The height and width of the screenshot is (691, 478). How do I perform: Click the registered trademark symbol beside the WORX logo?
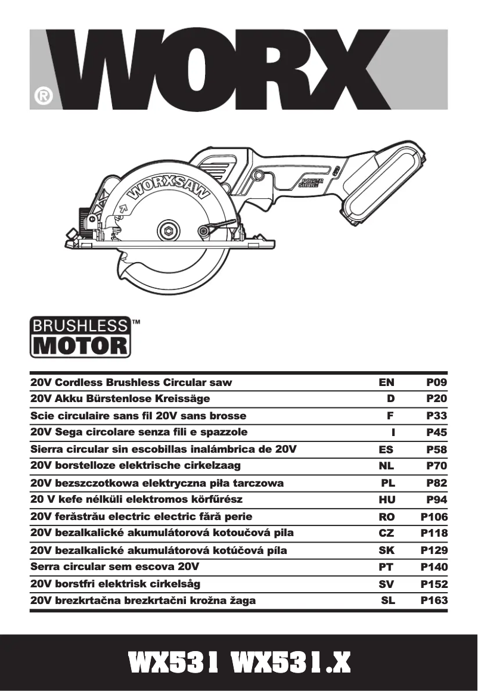tap(43, 96)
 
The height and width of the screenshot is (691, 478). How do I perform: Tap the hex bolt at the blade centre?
tap(169, 230)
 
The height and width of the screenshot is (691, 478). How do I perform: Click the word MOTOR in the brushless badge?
tap(79, 345)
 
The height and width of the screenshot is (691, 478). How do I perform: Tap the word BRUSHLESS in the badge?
tap(79, 326)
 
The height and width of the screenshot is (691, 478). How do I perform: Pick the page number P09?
tap(436, 382)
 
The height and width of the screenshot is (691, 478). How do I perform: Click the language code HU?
tap(387, 500)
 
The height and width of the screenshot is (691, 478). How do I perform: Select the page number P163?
tap(434, 600)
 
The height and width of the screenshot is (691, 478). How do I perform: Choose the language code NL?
tap(387, 466)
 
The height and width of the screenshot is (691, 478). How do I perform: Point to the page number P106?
tap(434, 517)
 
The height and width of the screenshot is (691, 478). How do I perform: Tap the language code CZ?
tap(387, 533)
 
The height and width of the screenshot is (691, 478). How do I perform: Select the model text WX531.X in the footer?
tap(290, 662)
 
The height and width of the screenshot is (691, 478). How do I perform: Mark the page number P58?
tap(436, 449)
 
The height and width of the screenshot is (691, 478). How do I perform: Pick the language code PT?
tap(387, 567)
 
